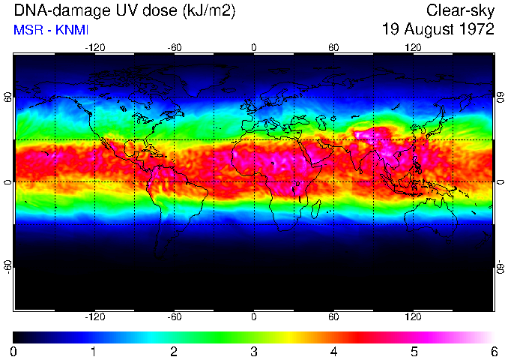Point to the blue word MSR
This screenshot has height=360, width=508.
pyautogui.click(x=28, y=30)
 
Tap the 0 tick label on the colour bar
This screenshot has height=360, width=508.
pyautogui.click(x=13, y=351)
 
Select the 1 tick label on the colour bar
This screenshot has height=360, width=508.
pyautogui.click(x=94, y=351)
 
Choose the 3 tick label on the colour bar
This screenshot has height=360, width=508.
pyautogui.click(x=254, y=351)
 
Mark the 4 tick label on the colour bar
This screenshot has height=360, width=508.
pyautogui.click(x=333, y=351)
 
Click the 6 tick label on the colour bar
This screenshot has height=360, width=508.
pyautogui.click(x=493, y=351)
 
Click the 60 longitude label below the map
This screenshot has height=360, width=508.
pyautogui.click(x=333, y=316)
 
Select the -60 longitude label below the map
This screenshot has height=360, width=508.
pyautogui.click(x=174, y=316)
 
